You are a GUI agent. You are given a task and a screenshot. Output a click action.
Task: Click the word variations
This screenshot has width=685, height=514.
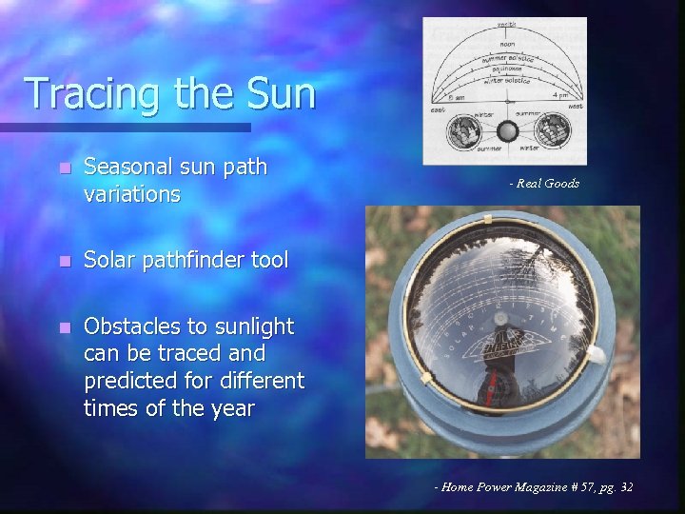point(131,195)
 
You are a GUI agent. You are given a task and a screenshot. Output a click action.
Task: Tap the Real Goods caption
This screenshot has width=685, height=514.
point(543,183)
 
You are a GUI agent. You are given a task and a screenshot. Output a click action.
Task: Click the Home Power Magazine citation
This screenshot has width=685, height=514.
point(533,487)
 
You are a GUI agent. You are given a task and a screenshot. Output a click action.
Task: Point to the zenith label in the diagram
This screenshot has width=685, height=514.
point(505,25)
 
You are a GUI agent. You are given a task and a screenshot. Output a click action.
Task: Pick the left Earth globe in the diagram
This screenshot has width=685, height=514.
point(464,131)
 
